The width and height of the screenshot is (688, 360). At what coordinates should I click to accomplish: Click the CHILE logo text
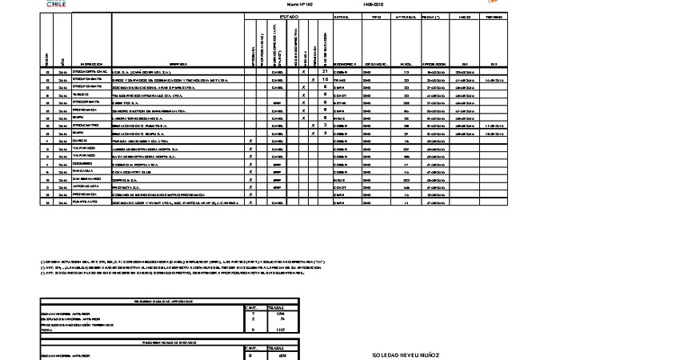tap(56, 4)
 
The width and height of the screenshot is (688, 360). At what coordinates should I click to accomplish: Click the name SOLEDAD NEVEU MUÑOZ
tap(406, 354)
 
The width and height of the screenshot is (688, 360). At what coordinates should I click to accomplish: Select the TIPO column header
tap(376, 17)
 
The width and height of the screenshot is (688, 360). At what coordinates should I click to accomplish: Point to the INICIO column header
tap(465, 17)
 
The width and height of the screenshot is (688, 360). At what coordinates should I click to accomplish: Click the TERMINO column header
tap(494, 17)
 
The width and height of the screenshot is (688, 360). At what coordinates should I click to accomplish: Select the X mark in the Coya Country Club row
tap(251, 171)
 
